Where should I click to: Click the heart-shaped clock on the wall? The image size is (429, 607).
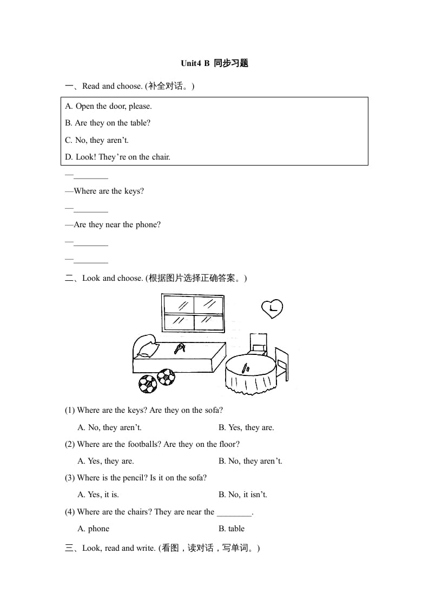tap(272, 309)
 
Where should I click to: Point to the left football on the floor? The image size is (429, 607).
tap(147, 384)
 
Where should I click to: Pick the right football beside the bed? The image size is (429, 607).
tap(166, 377)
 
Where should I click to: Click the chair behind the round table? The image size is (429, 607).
tap(258, 344)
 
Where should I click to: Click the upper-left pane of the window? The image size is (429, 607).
tap(179, 305)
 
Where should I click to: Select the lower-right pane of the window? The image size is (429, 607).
tap(209, 322)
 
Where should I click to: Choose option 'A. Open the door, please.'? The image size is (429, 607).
tap(108, 106)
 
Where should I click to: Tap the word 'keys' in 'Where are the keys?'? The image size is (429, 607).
tap(133, 191)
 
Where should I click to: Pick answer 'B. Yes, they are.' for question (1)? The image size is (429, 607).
tap(246, 427)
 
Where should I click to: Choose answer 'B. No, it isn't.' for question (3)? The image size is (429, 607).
tap(242, 494)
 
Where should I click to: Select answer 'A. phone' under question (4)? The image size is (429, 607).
tap(93, 529)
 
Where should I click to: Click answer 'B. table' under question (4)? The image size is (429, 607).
tap(232, 529)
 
